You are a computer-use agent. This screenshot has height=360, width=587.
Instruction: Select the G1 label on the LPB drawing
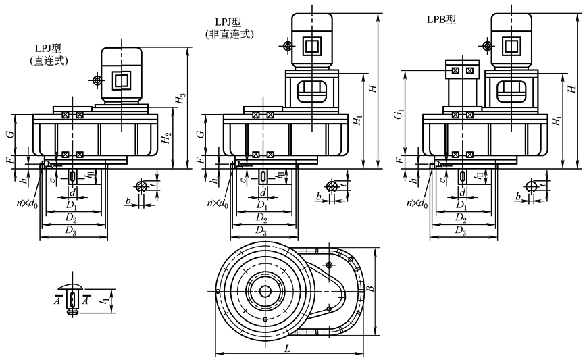point(399,114)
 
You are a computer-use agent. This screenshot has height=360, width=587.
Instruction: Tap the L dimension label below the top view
point(287,349)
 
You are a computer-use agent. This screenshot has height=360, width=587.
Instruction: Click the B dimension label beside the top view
point(369,288)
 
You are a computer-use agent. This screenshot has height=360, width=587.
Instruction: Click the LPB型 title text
point(442,20)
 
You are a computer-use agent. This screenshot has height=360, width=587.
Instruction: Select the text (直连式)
point(49,61)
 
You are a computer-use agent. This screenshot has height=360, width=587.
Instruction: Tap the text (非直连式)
point(230,34)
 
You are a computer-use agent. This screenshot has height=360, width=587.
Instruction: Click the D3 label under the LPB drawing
point(461,230)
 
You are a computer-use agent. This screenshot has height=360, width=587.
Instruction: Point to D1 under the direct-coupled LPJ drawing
point(72,205)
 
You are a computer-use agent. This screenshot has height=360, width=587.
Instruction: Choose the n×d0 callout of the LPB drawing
point(417,203)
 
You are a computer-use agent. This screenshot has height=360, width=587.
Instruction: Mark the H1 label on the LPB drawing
point(557,120)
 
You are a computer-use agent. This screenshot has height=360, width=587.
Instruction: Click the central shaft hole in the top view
point(265,291)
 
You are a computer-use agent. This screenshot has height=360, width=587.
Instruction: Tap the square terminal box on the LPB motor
point(511,46)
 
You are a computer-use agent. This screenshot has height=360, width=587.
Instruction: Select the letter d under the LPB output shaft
point(462,192)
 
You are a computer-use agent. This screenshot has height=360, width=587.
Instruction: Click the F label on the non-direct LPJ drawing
point(201,160)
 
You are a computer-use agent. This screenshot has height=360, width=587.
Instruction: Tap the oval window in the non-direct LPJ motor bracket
point(312,91)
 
